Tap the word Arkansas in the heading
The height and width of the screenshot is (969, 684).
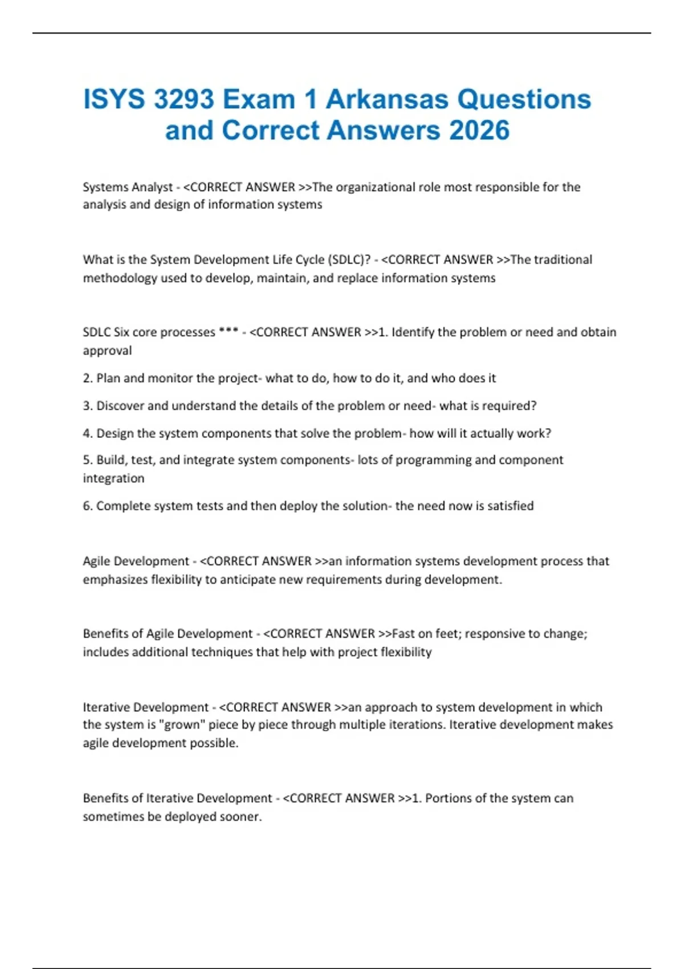[x=388, y=100]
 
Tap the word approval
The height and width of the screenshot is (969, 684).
[x=107, y=351]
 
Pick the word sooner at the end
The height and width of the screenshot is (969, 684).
[x=241, y=817]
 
